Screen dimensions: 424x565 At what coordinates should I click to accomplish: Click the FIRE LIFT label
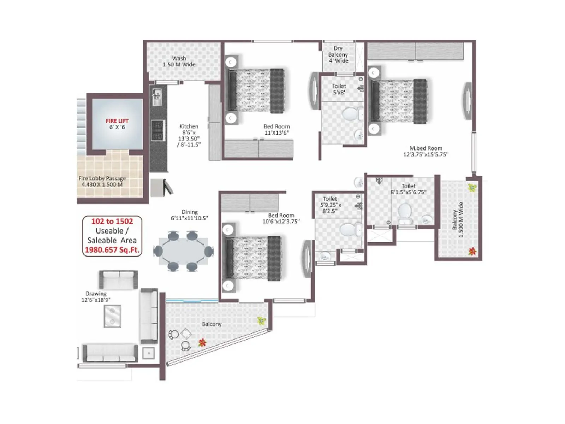(117, 121)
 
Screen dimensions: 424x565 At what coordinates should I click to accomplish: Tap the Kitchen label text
(189, 126)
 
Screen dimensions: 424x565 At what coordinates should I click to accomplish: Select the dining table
(183, 251)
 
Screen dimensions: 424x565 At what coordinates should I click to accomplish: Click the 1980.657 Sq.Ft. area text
(112, 250)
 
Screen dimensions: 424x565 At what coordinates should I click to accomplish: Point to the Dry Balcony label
(338, 54)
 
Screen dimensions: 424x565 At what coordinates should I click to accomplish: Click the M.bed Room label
(426, 148)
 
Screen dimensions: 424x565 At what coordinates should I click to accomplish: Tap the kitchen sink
(157, 96)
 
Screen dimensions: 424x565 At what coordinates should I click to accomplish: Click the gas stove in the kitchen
(157, 130)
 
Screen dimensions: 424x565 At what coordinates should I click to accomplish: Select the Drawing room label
(96, 294)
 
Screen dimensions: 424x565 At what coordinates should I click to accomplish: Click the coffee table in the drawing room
(112, 316)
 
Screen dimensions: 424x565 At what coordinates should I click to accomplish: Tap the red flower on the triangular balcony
(202, 342)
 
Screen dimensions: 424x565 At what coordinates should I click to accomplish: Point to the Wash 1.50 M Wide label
(179, 61)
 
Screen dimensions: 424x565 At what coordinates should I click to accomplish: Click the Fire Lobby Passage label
(102, 178)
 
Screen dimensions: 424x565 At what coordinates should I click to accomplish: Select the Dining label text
(190, 212)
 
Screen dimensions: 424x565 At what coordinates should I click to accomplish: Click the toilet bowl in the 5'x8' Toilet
(351, 114)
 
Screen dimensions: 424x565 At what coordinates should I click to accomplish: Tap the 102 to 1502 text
(112, 222)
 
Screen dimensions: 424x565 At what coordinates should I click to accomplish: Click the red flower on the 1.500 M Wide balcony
(472, 251)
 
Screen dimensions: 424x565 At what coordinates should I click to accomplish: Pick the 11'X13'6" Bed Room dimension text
(276, 133)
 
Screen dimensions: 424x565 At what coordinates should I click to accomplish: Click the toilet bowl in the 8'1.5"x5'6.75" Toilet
(405, 212)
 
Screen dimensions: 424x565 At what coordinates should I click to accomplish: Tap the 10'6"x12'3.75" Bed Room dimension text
(281, 222)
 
